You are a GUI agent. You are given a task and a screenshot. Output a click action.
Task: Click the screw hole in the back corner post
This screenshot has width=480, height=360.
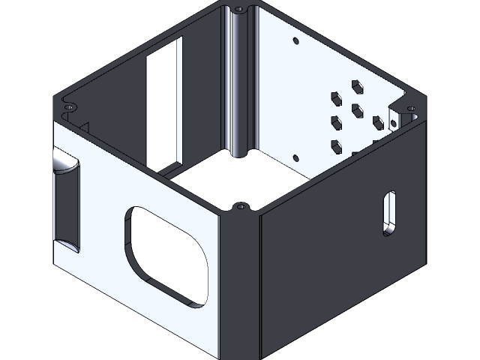[239, 10]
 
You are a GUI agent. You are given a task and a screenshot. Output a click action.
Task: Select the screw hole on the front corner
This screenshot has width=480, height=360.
[241, 205]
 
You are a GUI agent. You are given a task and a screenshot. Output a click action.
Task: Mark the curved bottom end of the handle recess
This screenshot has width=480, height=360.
[65, 244]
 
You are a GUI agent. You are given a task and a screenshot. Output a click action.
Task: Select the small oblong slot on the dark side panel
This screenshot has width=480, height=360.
[388, 213]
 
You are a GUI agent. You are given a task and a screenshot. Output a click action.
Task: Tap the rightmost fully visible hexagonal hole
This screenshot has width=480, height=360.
[377, 121]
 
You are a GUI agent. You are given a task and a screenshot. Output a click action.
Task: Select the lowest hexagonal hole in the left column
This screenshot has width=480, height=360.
[335, 145]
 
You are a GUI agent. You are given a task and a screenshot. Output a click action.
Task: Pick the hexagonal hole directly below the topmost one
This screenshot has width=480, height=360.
[356, 110]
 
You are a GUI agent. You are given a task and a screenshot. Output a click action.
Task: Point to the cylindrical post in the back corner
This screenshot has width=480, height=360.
[239, 82]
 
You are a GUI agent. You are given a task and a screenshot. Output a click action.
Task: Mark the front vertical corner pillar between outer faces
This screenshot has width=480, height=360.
[240, 285]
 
